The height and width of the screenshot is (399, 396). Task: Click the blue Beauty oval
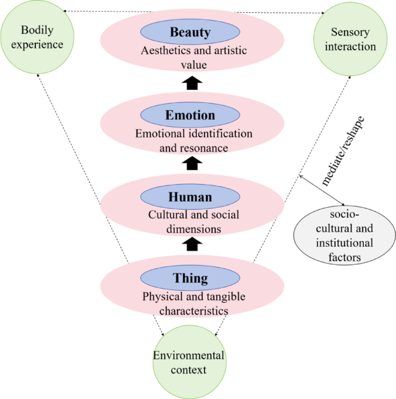click(x=190, y=32)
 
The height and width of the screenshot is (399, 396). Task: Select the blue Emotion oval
click(x=190, y=115)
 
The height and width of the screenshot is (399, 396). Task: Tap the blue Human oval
click(x=190, y=197)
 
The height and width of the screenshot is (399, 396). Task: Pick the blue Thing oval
click(x=190, y=278)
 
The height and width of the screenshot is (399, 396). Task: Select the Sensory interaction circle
click(x=353, y=38)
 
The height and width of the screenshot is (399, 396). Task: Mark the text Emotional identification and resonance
click(x=194, y=141)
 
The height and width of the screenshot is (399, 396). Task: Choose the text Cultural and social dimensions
click(x=194, y=222)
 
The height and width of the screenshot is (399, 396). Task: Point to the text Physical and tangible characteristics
click(x=194, y=304)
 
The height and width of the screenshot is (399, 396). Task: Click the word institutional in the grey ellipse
click(x=344, y=243)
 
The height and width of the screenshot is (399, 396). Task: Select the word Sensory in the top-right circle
click(x=353, y=32)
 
